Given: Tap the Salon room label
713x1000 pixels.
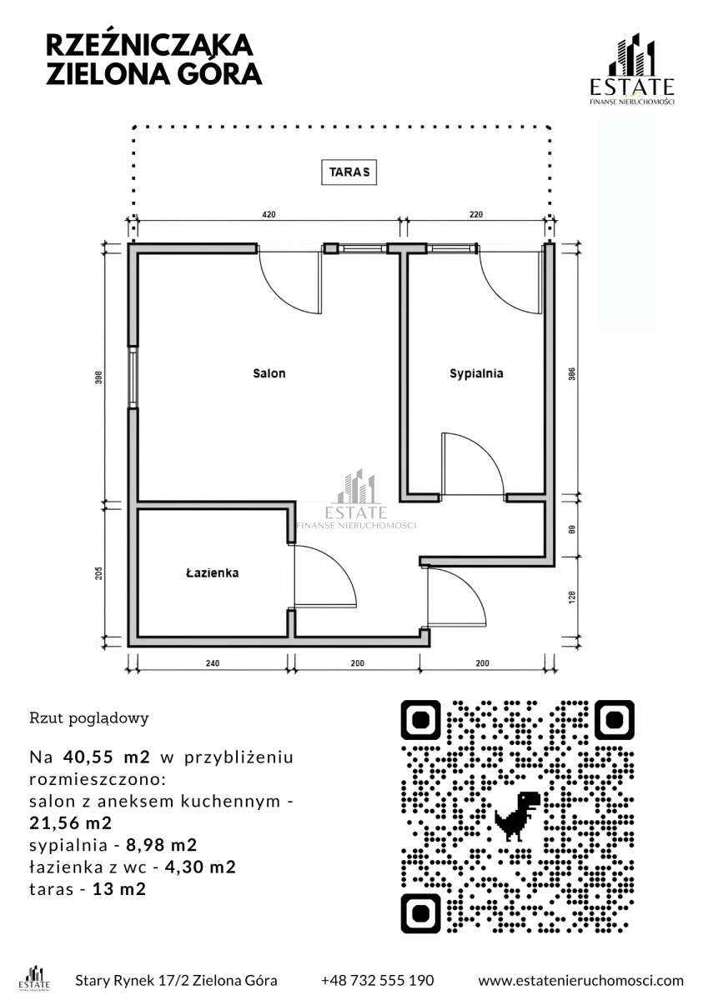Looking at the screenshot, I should pyautogui.click(x=269, y=373).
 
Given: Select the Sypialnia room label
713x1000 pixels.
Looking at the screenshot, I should pyautogui.click(x=476, y=373).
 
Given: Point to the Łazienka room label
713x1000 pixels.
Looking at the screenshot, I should pyautogui.click(x=213, y=573).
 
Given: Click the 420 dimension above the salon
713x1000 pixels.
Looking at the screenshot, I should pyautogui.click(x=269, y=215).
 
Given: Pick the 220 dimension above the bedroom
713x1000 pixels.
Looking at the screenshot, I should pyautogui.click(x=475, y=215).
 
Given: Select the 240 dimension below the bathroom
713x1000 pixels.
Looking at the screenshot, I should pyautogui.click(x=212, y=664).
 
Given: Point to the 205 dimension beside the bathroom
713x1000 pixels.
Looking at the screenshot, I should pyautogui.click(x=98, y=573).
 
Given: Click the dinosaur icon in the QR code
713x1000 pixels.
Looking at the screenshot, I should pyautogui.click(x=517, y=813).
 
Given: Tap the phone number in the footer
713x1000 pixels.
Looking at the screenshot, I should pyautogui.click(x=377, y=980).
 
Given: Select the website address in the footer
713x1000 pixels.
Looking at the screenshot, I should pyautogui.click(x=580, y=980).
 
